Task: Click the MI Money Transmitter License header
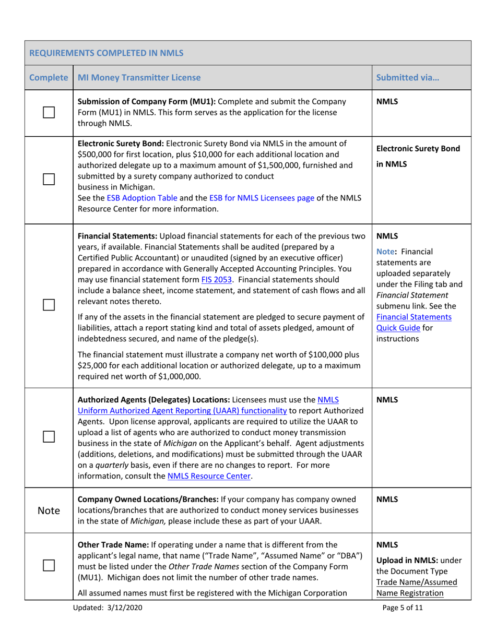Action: pos(138,78)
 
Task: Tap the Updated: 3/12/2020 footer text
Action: pos(110,622)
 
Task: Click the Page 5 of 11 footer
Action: pos(403,622)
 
